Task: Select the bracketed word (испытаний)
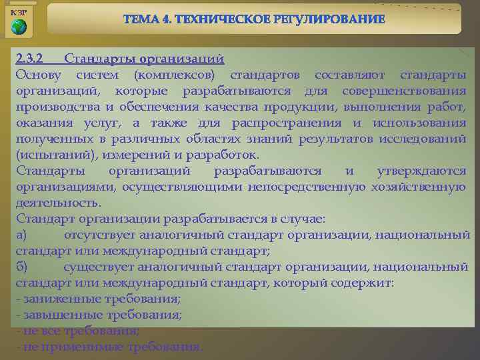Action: [x=47, y=155]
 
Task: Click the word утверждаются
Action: [x=421, y=171]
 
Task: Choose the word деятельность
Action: [x=58, y=202]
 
